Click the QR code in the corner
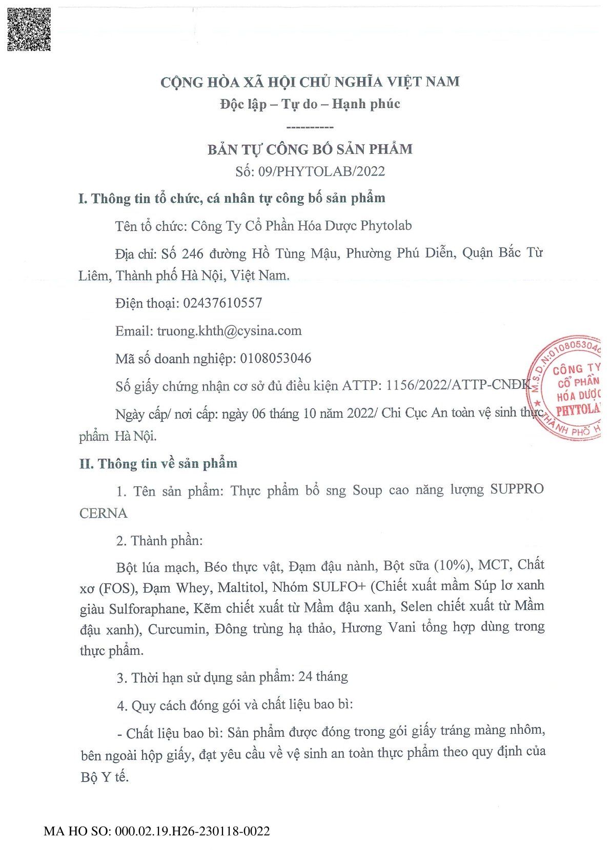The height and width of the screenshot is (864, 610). (29, 29)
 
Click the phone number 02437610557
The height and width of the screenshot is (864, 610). (222, 303)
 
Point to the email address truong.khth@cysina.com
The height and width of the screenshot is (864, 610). (229, 331)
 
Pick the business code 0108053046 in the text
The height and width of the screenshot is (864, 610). (276, 358)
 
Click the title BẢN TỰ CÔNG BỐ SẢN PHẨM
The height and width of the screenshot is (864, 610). (310, 149)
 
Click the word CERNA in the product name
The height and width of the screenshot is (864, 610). (104, 513)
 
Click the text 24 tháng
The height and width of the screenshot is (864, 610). (323, 677)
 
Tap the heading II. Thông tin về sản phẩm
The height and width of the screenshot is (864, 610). (158, 464)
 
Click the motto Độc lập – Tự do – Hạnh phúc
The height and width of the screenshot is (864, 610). (310, 104)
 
